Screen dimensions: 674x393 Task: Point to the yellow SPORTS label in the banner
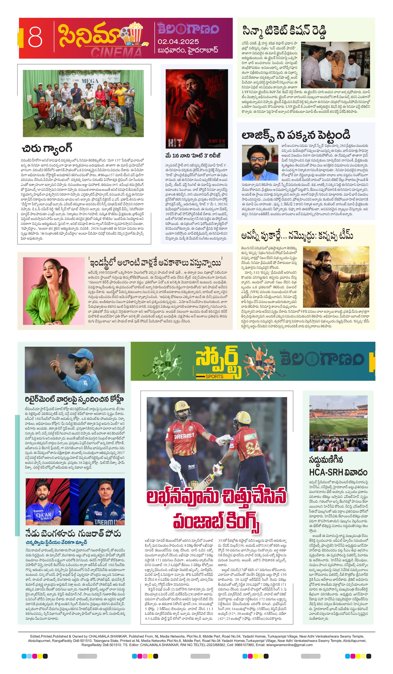[x=214, y=376]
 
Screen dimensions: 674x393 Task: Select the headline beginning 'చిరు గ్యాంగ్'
[x=47, y=148]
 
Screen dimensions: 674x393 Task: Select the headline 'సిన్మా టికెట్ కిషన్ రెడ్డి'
[x=284, y=31]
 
